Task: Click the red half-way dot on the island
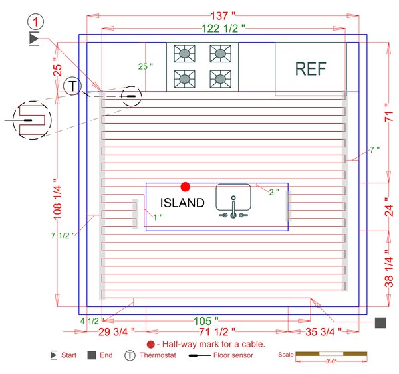point(186,187)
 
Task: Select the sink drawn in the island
point(233,201)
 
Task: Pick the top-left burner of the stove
point(184,53)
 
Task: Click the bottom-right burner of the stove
point(219,78)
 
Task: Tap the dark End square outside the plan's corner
point(380,323)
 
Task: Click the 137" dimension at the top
point(223,15)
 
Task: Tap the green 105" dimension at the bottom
point(206,320)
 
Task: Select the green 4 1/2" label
point(89,321)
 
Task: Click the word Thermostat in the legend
point(158,355)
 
